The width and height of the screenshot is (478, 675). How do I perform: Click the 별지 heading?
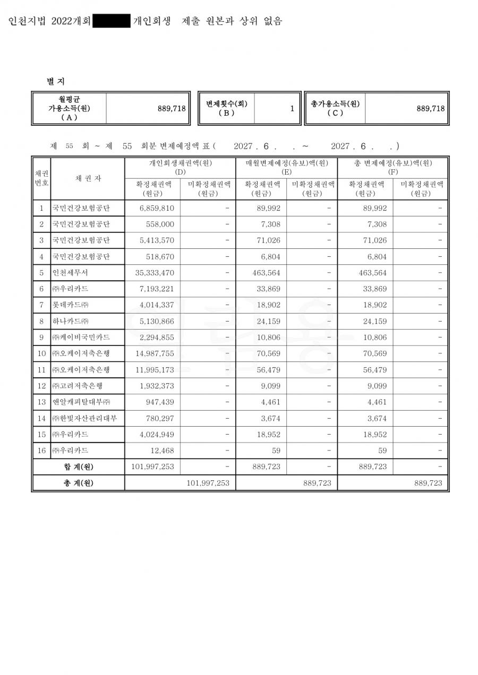coord(56,81)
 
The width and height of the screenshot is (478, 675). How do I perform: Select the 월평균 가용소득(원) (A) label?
coord(69,108)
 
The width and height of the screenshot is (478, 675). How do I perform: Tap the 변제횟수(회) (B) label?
coord(227,108)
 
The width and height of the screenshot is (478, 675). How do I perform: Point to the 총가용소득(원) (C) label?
coord(335,108)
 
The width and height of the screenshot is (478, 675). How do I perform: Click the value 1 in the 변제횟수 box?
coord(292,109)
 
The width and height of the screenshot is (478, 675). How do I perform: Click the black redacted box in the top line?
coord(112,21)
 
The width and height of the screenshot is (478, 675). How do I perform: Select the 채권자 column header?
coord(88,178)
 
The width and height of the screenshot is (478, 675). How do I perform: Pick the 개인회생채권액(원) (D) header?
coord(180,167)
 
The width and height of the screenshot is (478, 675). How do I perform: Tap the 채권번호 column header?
coord(42,178)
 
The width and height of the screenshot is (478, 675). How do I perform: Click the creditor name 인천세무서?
coord(70,273)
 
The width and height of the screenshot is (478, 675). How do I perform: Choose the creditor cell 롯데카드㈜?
coord(70,305)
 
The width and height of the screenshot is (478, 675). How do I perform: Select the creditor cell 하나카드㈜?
coord(70,321)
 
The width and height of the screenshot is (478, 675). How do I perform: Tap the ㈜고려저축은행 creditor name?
coord(78,386)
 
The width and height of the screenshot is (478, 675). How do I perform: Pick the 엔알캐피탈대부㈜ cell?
coord(81,402)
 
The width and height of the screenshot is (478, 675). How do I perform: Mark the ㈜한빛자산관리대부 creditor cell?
coord(85,418)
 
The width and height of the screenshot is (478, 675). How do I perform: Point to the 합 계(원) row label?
coord(78,467)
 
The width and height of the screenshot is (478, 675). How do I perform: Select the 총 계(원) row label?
coord(78,483)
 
